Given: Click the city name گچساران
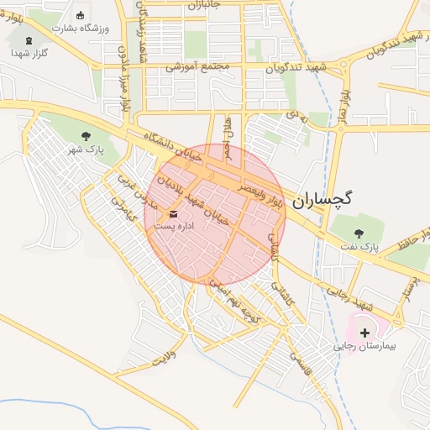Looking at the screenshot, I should point(323,200).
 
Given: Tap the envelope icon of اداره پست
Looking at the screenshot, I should point(174,214).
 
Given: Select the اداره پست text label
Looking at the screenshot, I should point(174,227).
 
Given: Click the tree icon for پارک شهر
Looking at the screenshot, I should point(86,135).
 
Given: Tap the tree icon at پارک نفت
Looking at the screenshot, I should point(359,233).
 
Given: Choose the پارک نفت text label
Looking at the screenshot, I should point(359,247).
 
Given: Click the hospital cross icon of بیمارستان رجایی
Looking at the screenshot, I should point(364,333).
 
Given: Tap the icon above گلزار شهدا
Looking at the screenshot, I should point(29,40).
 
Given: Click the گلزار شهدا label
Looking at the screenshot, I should point(29,53).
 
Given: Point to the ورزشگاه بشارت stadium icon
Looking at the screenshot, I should point(80,15).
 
